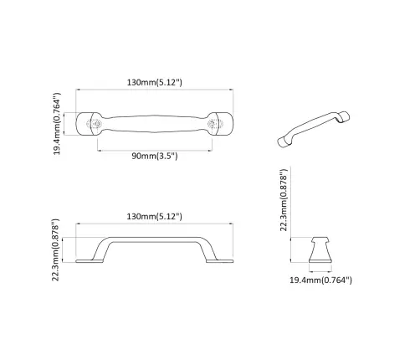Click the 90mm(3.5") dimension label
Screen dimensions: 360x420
click(x=156, y=157)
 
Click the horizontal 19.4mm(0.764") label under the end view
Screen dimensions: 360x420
click(x=322, y=280)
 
